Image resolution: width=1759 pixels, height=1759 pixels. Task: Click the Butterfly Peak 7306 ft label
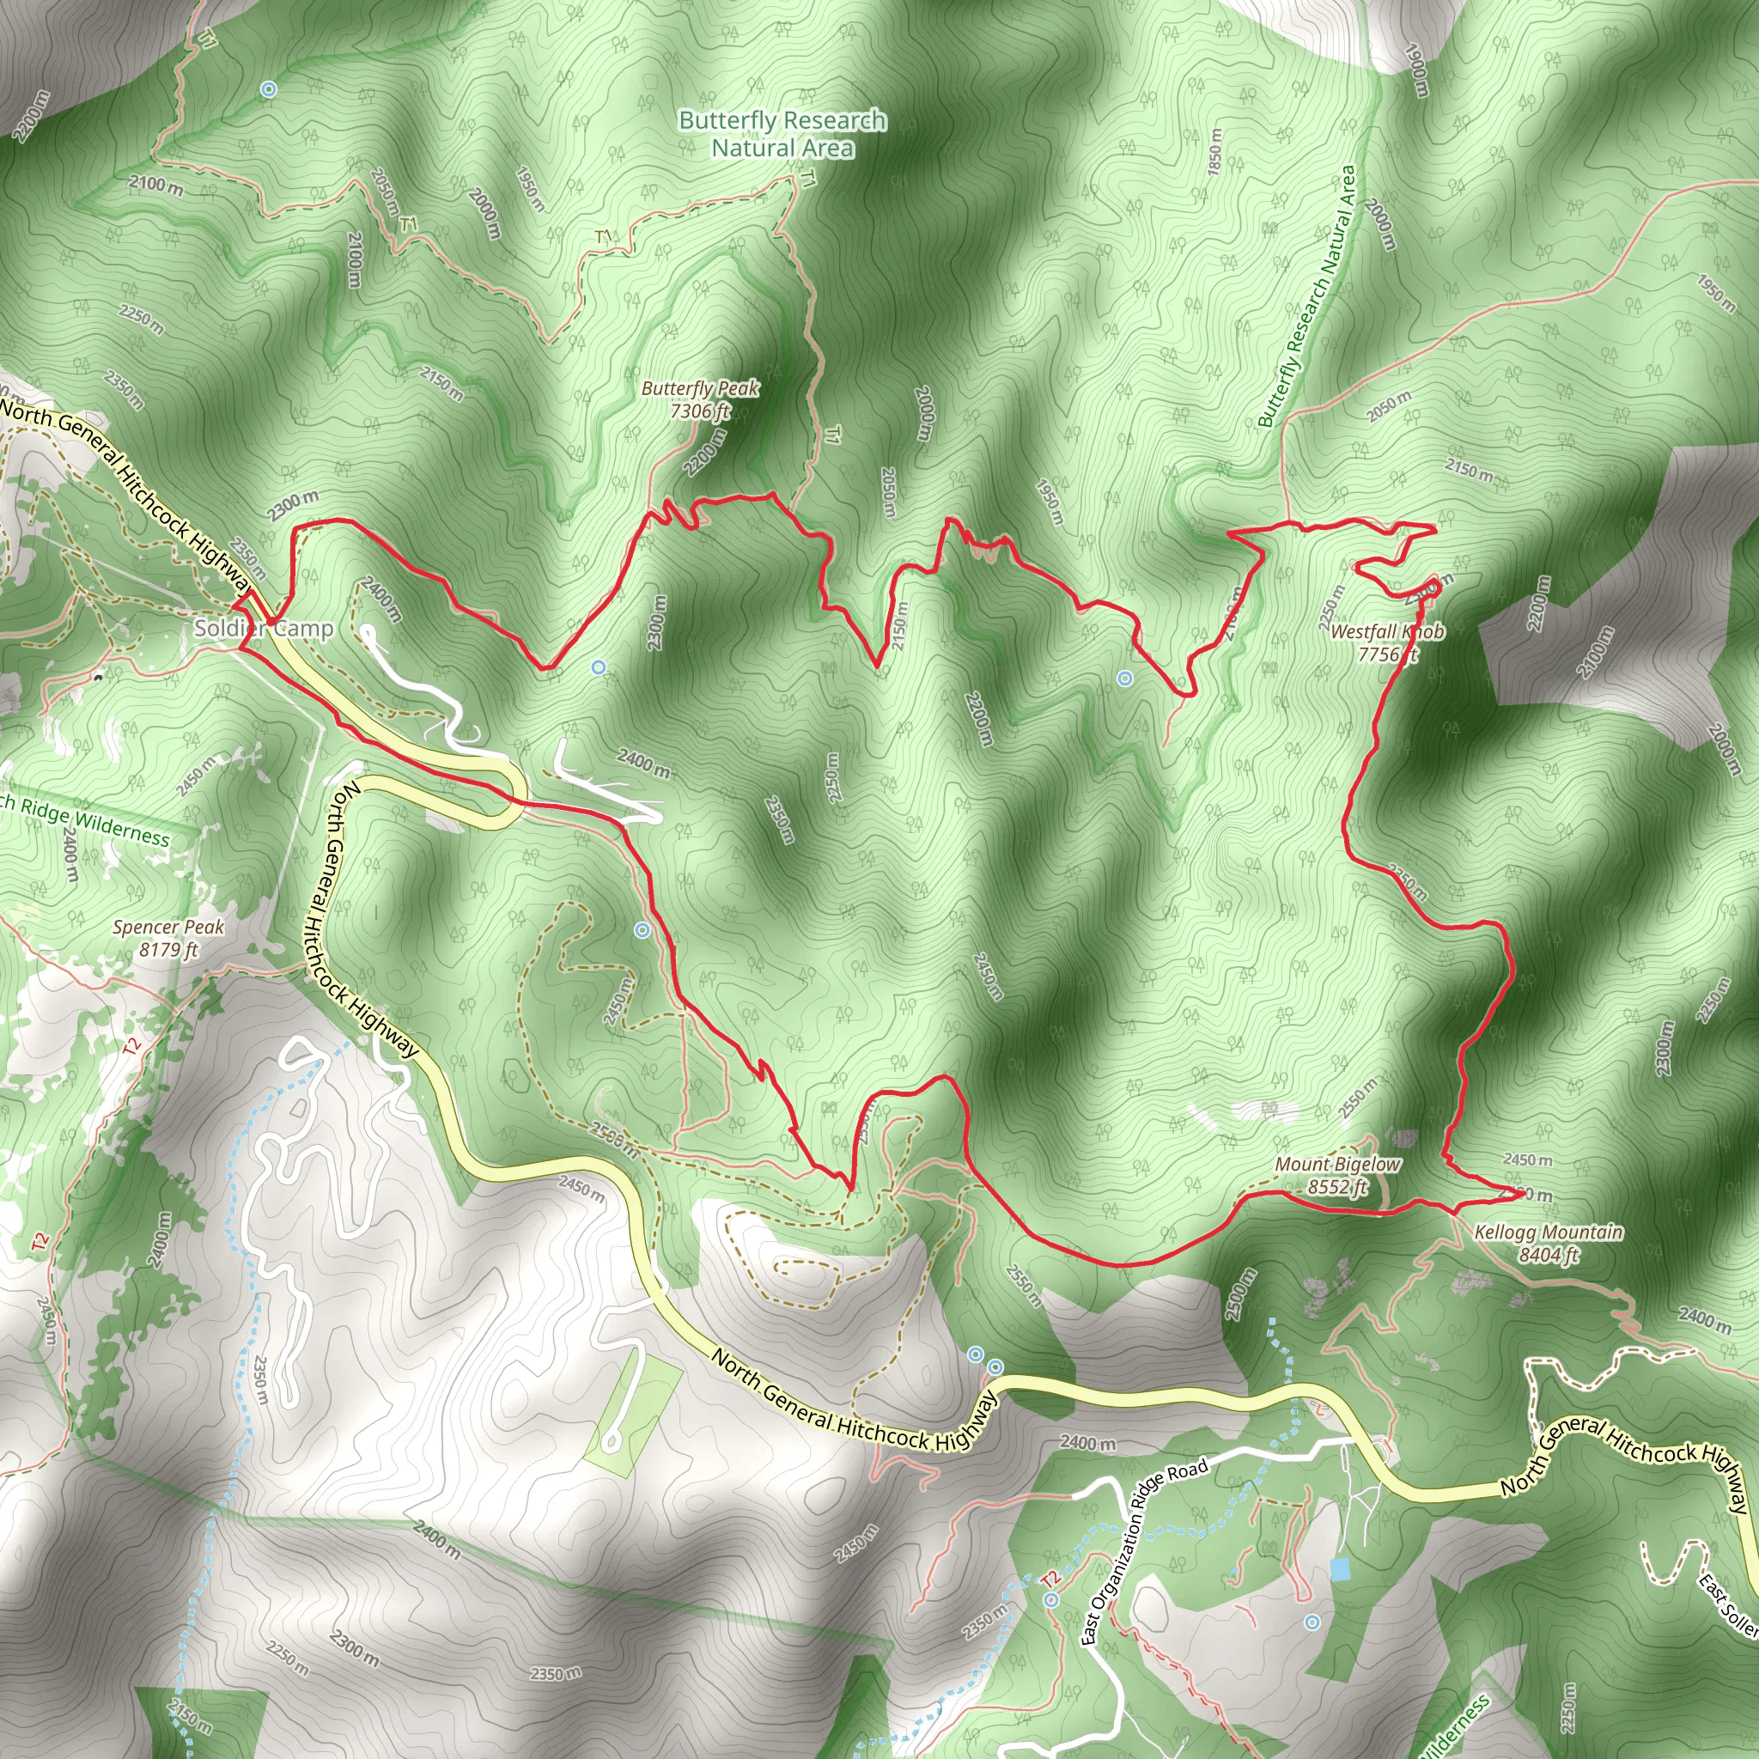click(x=700, y=399)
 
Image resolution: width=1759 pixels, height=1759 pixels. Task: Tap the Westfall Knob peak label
click(x=1386, y=642)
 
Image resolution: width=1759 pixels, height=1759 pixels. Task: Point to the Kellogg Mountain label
click(x=1549, y=1244)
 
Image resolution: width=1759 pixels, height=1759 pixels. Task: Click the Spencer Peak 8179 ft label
click(x=168, y=938)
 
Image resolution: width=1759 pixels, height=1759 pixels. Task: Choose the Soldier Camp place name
click(x=263, y=628)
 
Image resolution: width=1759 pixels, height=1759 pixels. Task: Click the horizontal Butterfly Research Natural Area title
click(x=782, y=134)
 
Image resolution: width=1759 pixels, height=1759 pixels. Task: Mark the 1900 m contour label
click(x=1416, y=70)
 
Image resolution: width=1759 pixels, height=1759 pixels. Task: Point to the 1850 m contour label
click(x=1214, y=151)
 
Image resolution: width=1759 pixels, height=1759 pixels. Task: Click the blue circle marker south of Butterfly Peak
click(x=598, y=667)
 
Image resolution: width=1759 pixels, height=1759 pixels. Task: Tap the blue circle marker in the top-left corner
click(x=268, y=89)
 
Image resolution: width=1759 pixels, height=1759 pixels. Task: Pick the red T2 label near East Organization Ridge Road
click(x=1050, y=1578)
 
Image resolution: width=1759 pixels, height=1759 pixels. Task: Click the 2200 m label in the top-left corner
click(x=31, y=117)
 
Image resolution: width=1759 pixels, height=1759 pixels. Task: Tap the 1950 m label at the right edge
click(x=1715, y=292)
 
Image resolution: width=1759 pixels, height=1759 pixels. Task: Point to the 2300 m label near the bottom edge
click(x=353, y=1647)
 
